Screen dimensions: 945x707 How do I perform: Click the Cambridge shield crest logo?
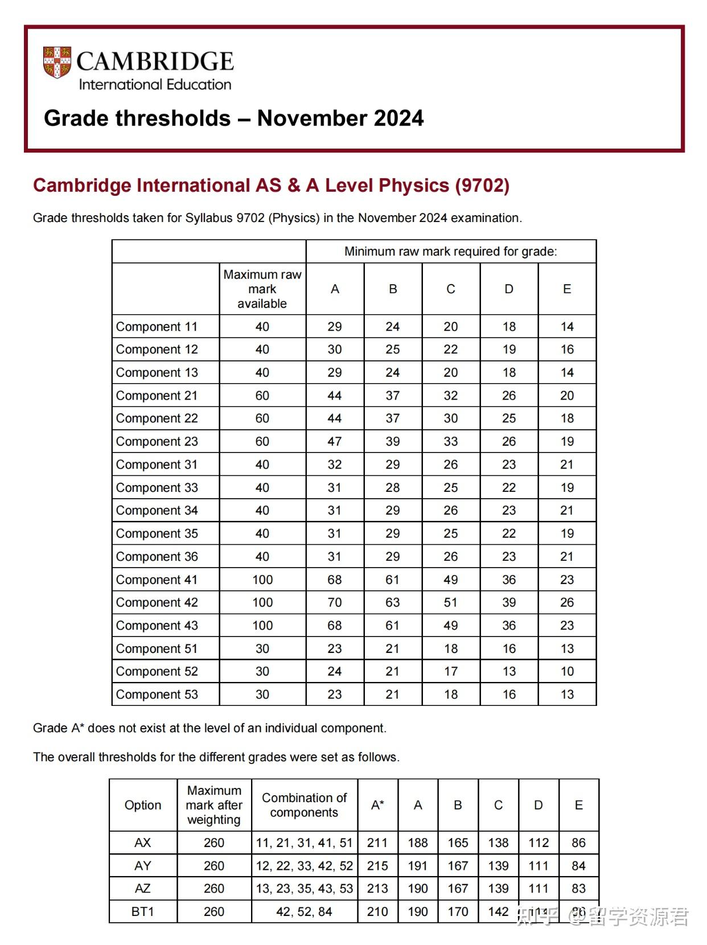pos(57,62)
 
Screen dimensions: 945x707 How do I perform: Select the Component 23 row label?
pos(157,442)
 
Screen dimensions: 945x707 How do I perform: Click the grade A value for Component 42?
pos(335,602)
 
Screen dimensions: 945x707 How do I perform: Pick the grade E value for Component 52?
pos(567,671)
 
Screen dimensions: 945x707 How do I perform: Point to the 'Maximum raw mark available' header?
pos(262,289)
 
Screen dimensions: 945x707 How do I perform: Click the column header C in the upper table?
pos(451,289)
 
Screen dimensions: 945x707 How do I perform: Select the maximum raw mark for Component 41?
pos(262,580)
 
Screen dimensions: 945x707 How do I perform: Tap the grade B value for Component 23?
pos(393,442)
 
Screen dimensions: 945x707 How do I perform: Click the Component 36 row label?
pos(157,557)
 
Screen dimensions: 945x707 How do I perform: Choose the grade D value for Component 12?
pos(509,350)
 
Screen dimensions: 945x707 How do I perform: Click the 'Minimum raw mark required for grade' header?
pos(451,252)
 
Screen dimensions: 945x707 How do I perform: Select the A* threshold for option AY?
pos(377,866)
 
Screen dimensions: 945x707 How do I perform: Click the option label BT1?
pos(143,911)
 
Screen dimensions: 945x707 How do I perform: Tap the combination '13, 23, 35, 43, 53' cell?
pos(305,889)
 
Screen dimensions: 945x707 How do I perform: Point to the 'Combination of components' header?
pos(305,805)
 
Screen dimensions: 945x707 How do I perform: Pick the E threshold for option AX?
pos(578,843)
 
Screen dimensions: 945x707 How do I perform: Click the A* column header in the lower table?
pos(377,805)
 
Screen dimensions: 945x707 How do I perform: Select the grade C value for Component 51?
pos(451,648)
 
